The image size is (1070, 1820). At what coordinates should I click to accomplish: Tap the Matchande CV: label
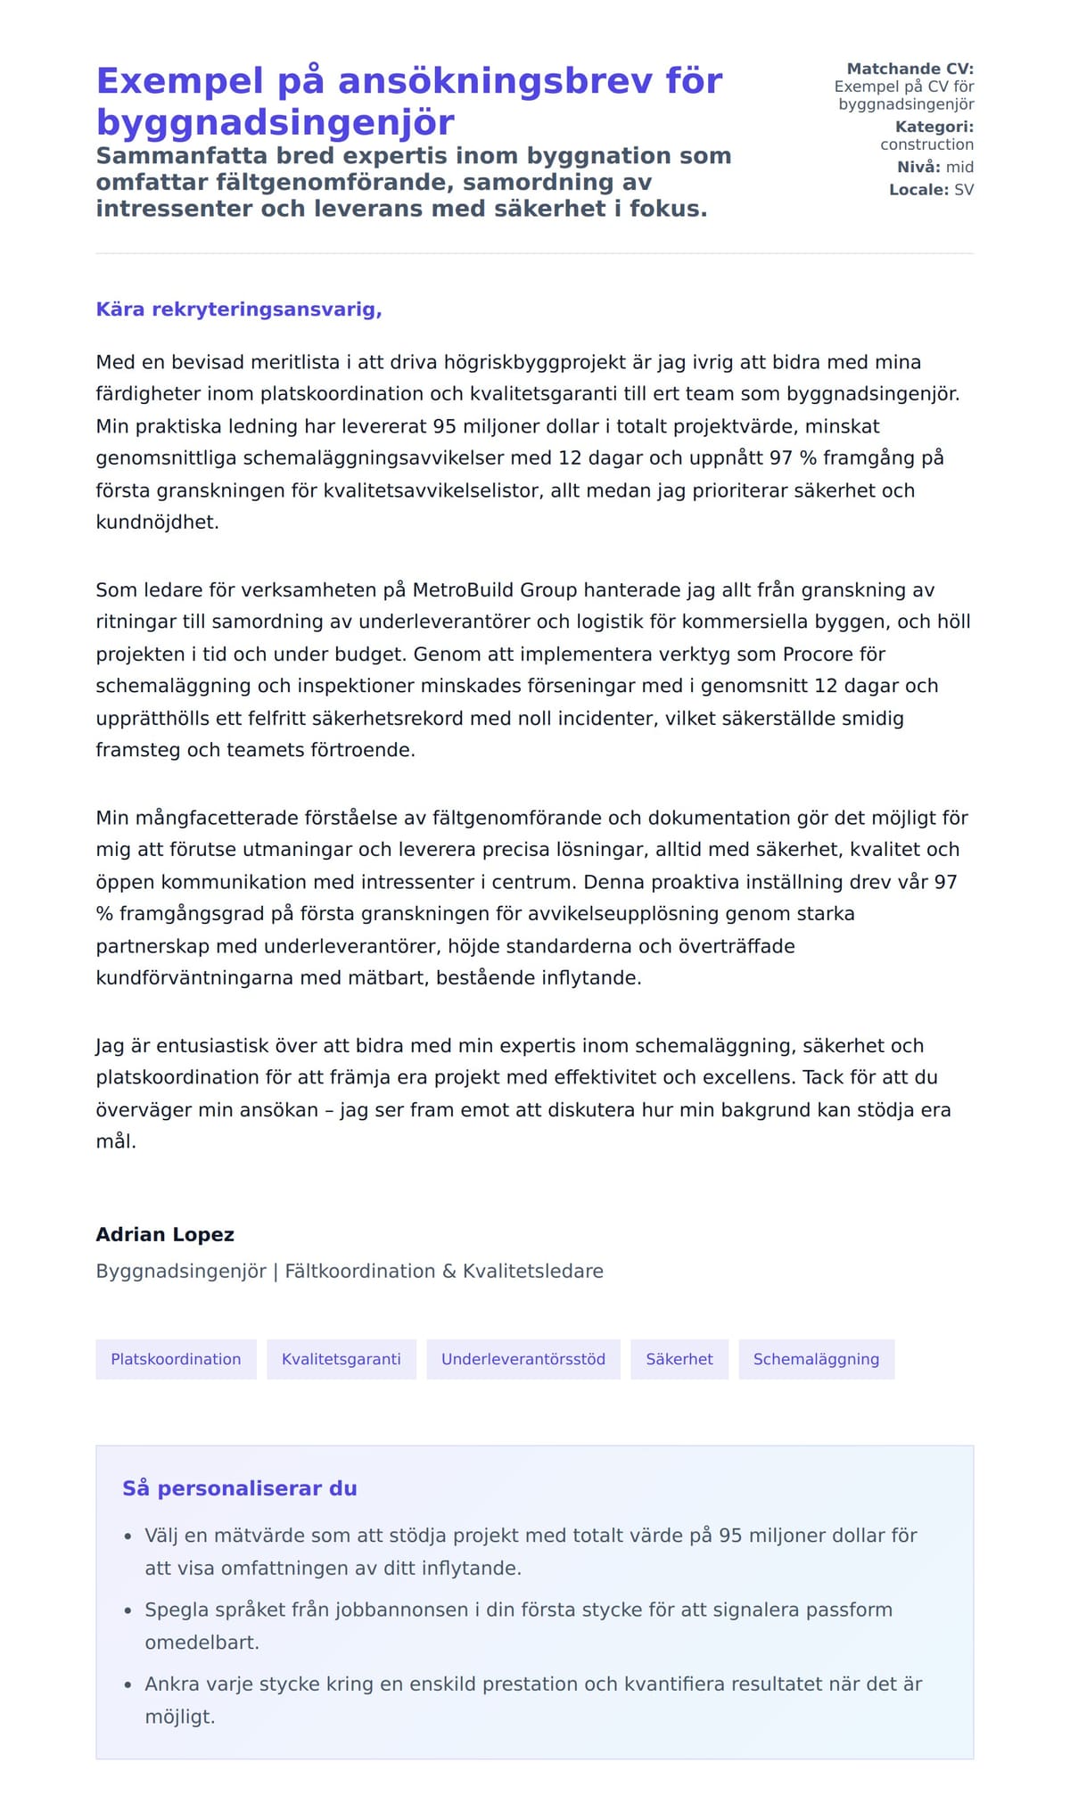coord(909,69)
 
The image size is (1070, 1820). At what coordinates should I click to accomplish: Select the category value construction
coord(926,144)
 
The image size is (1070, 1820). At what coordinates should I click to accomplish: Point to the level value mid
coord(959,167)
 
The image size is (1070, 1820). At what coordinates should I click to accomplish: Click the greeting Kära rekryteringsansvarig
coord(239,309)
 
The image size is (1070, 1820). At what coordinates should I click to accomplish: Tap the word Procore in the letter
coord(819,655)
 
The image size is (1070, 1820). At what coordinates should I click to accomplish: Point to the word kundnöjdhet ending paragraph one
coord(156,523)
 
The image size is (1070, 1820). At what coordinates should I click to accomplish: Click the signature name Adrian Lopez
coord(165,1235)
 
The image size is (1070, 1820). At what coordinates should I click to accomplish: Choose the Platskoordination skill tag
coord(176,1359)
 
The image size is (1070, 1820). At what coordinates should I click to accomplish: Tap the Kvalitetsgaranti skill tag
coord(342,1359)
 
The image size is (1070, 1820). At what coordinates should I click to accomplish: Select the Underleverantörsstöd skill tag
coord(523,1359)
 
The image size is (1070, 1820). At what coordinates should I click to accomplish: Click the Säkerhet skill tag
coord(679,1359)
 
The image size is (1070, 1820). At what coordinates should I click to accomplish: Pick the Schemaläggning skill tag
coord(816,1359)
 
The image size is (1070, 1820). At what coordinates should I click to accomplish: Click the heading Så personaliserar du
coord(240,1488)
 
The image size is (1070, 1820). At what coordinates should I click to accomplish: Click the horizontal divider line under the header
coord(535,253)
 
